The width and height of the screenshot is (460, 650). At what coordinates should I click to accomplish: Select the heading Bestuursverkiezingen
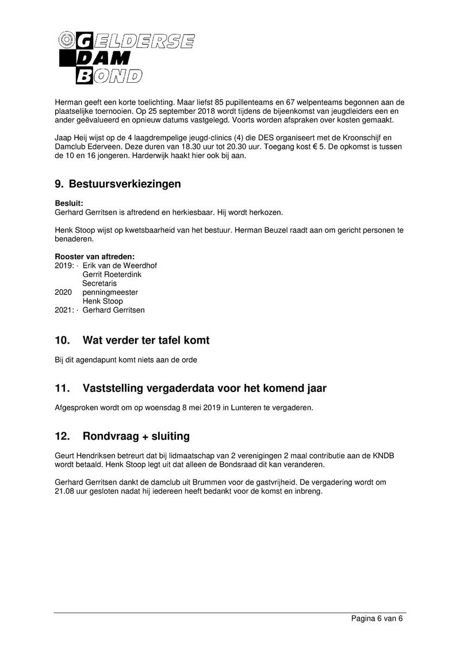coord(125,184)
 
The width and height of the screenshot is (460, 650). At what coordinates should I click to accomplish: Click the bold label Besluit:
coord(69,203)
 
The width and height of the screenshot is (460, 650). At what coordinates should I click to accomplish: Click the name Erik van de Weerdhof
coord(120,266)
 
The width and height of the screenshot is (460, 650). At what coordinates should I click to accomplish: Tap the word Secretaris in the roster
coord(99,283)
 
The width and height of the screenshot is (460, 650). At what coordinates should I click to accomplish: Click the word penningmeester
coord(110,293)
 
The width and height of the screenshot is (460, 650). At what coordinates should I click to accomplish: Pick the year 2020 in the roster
coord(63,293)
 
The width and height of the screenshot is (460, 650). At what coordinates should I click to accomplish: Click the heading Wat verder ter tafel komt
coord(146,341)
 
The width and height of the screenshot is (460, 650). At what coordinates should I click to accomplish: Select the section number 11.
coord(62,389)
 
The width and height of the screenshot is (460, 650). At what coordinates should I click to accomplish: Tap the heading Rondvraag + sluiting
coord(136,436)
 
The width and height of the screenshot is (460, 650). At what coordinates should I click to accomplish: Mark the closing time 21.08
coord(64,492)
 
